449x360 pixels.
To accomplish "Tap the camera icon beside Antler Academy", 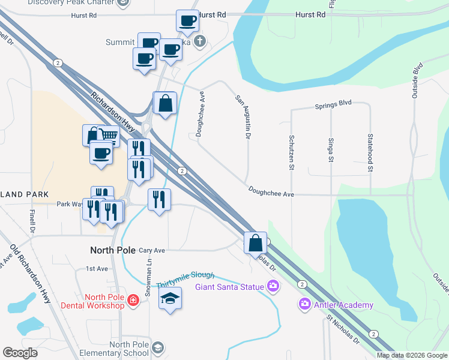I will pos(305,305).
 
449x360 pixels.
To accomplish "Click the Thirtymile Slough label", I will pos(185,275).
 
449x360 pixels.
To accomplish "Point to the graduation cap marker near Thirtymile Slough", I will pos(170,298).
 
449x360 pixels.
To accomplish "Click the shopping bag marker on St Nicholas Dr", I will pos(255,242).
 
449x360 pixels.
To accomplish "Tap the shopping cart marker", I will pos(108,136).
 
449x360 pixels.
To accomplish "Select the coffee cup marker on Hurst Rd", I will pos(187,21).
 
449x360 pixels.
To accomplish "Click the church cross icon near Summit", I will pos(200,41).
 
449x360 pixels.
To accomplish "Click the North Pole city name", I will pos(112,250).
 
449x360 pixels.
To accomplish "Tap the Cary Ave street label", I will pos(151,250).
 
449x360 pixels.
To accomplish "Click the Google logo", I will pos(20,353).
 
